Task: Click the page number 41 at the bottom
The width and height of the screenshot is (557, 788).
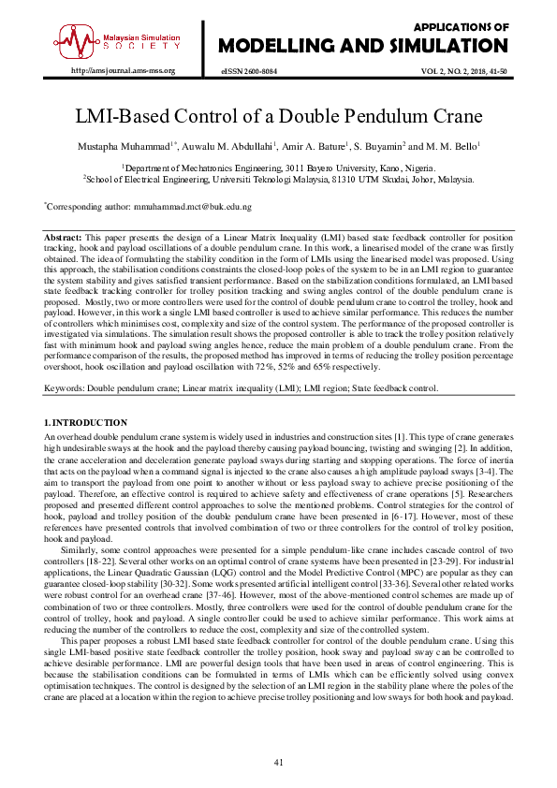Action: [278, 763]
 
